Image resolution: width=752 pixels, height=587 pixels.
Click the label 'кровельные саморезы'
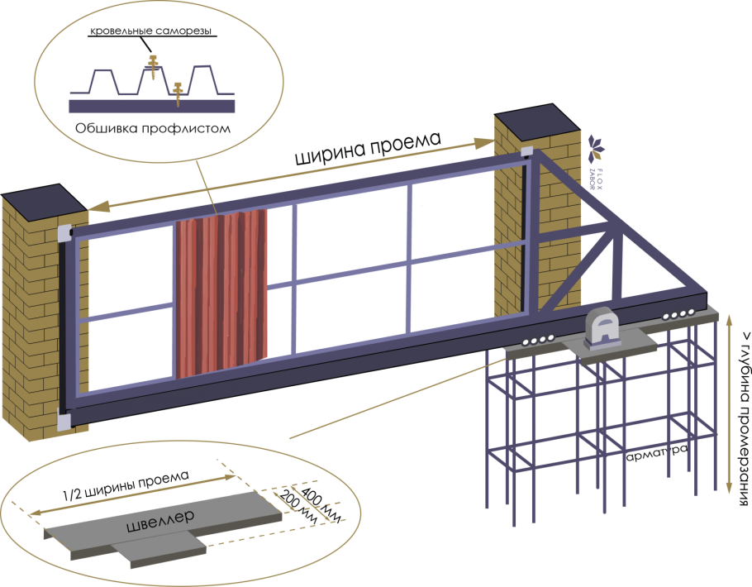[150, 31]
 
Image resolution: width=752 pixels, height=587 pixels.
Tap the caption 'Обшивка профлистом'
[153, 129]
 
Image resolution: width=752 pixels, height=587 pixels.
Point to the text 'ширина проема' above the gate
[368, 148]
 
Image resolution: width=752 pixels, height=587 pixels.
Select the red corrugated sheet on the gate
[221, 293]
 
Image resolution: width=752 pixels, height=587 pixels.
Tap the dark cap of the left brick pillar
[44, 198]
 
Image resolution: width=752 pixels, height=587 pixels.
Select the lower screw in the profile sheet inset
[178, 93]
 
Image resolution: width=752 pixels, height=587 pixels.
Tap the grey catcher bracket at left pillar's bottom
[64, 419]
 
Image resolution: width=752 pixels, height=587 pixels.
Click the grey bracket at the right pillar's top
[526, 152]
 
